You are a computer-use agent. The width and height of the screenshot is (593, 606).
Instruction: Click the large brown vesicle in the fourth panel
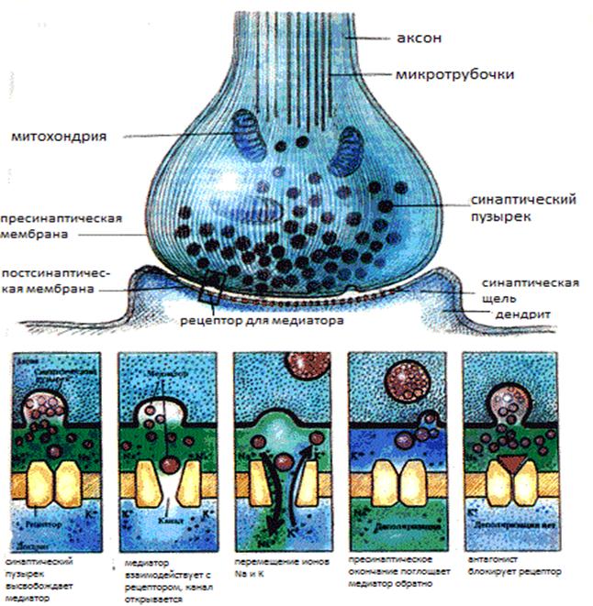(403, 379)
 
